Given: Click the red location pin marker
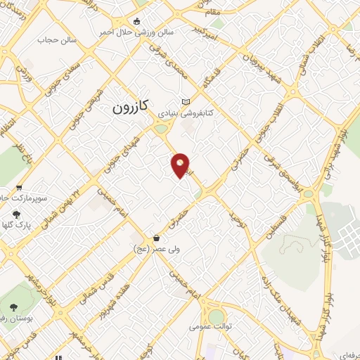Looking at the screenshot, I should (181, 166).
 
